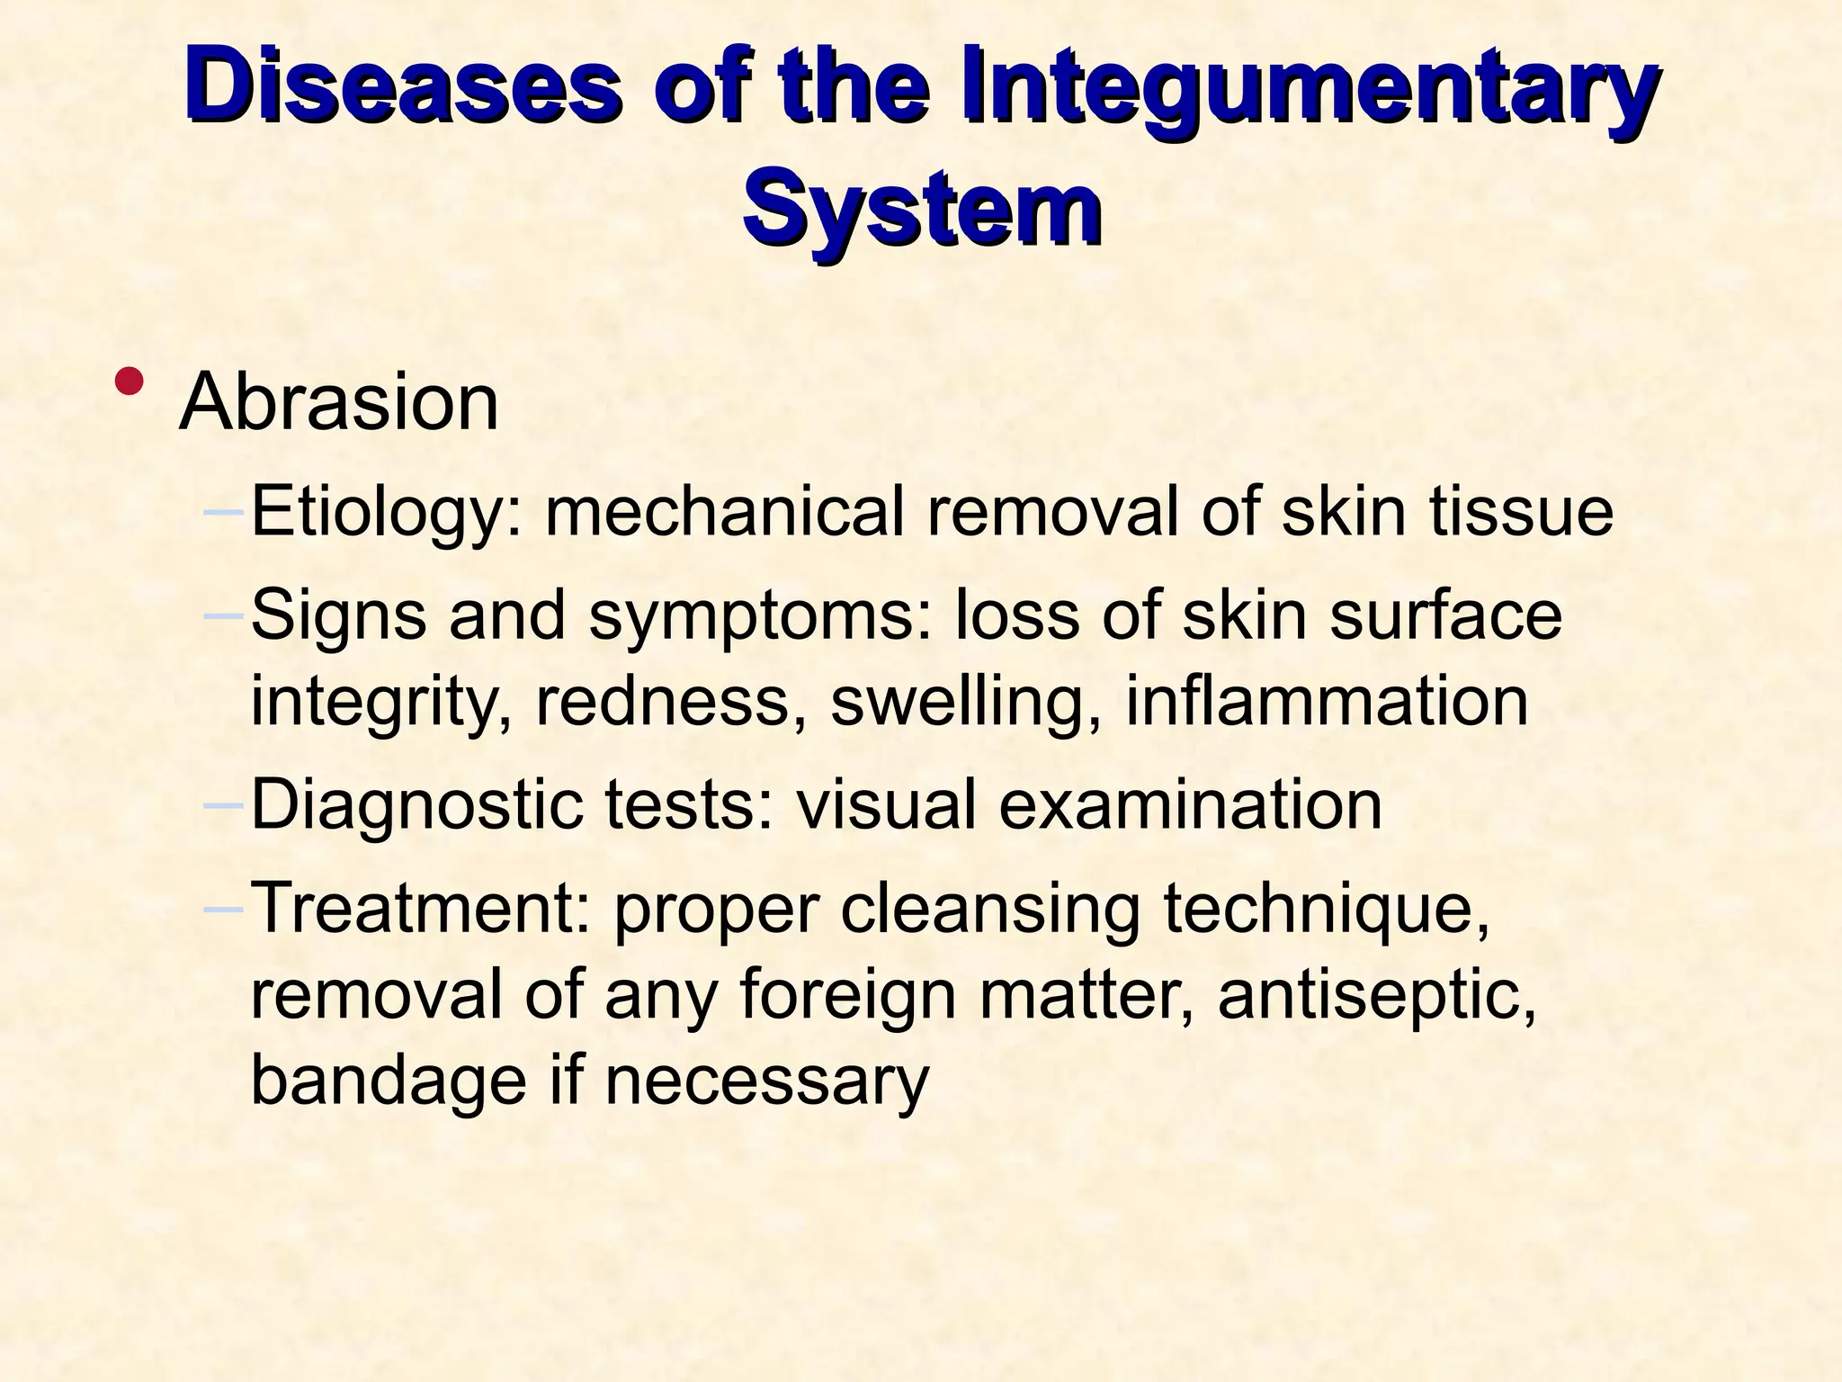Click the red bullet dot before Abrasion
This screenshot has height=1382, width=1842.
click(x=130, y=381)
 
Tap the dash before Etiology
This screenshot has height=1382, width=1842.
click(x=224, y=512)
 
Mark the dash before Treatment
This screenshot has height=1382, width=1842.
click(x=224, y=909)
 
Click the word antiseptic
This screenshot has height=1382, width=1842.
click(x=1376, y=997)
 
